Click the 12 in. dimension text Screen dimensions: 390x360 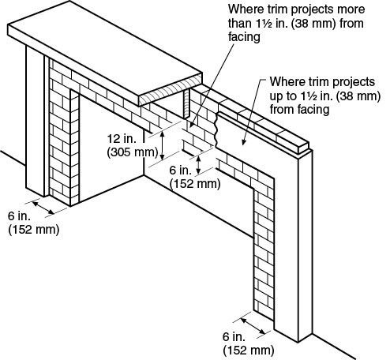122,138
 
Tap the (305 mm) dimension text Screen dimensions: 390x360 133,152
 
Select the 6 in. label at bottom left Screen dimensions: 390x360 19,216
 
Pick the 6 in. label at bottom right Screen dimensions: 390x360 234,336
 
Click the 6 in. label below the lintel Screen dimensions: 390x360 181,171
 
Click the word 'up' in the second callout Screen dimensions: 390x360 276,96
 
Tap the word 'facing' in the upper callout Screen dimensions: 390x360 244,37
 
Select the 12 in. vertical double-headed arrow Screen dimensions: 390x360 163,145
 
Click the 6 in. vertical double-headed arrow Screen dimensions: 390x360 199,165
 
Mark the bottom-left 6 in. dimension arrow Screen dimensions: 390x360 43,208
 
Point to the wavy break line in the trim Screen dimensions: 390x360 216,130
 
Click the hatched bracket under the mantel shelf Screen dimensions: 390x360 187,103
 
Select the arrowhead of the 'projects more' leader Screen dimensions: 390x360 191,125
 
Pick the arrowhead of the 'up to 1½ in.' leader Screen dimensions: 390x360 243,142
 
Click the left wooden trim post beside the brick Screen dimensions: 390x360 35,121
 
